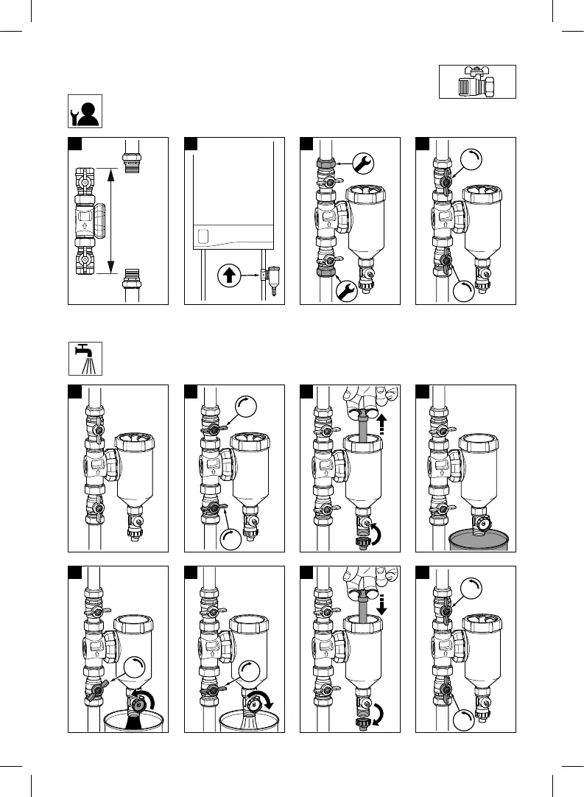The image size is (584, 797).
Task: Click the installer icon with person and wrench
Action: click(85, 110)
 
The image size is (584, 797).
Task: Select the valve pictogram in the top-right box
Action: click(477, 81)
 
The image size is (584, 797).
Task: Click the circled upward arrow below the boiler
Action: click(228, 276)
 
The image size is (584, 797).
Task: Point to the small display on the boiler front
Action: click(205, 237)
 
